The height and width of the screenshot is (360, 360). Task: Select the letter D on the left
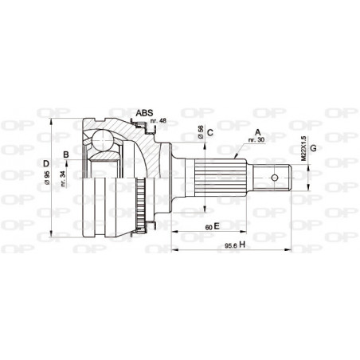(x=46, y=166)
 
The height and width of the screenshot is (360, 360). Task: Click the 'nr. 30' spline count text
(x=256, y=141)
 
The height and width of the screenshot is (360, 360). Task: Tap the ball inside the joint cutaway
(x=101, y=141)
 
